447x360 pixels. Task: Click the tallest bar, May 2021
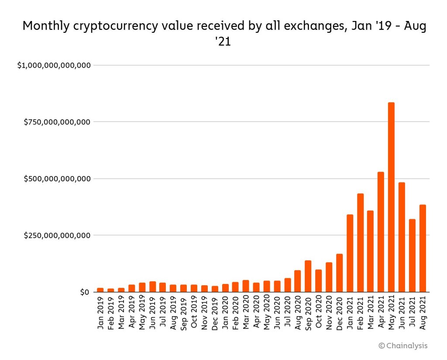click(x=391, y=197)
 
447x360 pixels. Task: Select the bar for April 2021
click(x=381, y=232)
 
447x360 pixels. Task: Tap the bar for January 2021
click(x=350, y=253)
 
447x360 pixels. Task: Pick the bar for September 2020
click(x=308, y=276)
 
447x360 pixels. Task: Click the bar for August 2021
click(x=423, y=248)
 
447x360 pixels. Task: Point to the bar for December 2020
click(x=339, y=273)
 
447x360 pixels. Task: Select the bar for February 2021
click(x=360, y=243)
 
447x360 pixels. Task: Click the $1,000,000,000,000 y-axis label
click(x=54, y=66)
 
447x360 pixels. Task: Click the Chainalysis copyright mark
click(x=403, y=346)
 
